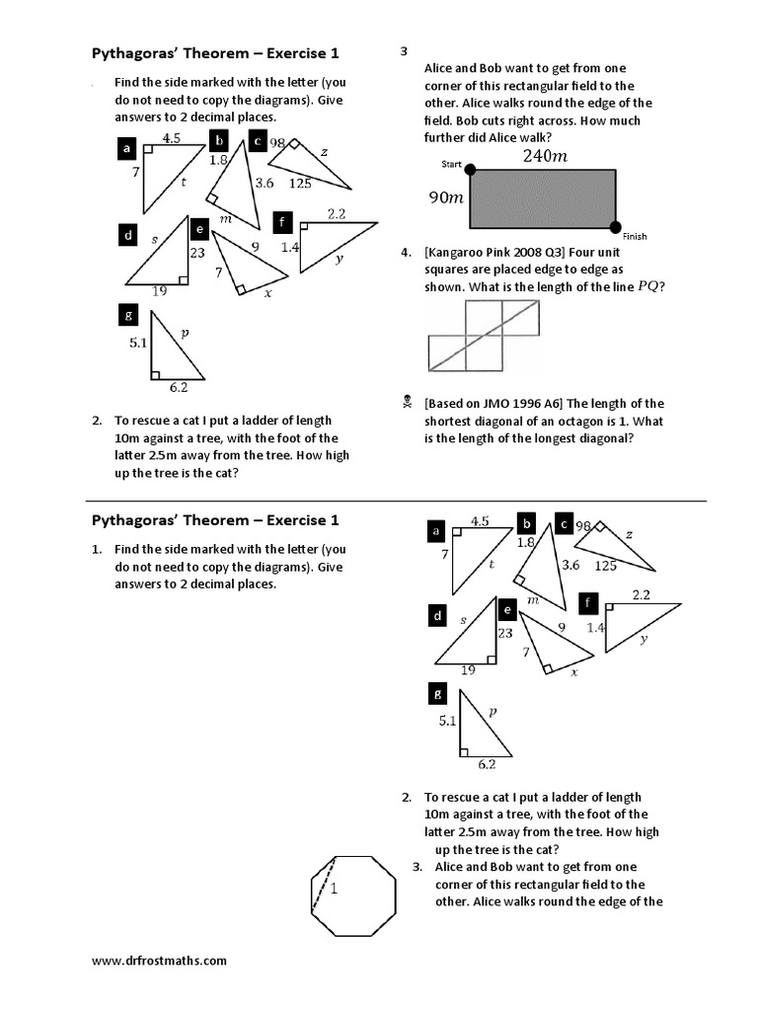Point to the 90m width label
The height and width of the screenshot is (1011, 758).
coord(445,197)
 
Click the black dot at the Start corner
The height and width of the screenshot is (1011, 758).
coord(470,170)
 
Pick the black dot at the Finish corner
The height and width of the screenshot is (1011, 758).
coord(617,227)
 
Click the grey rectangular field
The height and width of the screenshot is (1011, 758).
coord(543,198)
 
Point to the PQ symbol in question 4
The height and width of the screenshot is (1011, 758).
coord(648,286)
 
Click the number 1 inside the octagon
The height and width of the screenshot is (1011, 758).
coord(334,890)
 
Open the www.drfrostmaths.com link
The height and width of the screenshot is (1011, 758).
coord(159,960)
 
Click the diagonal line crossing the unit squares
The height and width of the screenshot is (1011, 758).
coord(485,335)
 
